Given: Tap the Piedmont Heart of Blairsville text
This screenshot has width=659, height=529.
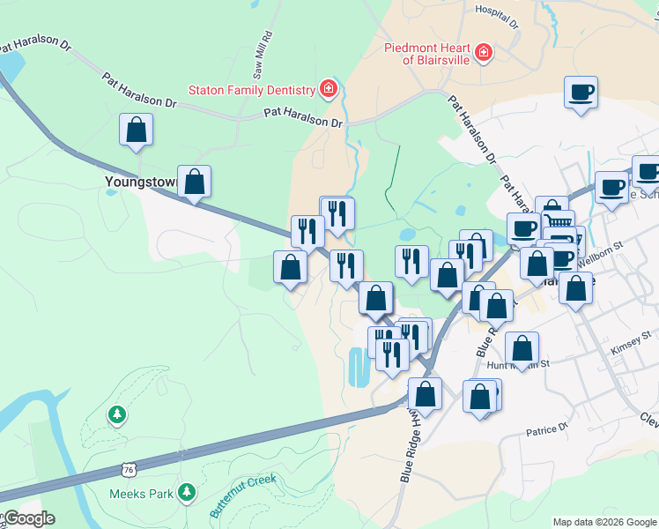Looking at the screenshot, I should pos(426,54).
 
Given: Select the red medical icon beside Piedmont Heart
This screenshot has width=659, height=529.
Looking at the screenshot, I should pos(483,55).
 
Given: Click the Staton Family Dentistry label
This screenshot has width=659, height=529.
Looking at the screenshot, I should pos(251,90).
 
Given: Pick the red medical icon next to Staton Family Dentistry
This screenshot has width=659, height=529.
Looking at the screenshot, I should pos(328,89).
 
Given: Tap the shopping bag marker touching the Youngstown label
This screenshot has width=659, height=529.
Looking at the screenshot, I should pos(195,183).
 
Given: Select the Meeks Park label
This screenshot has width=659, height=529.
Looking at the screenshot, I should pos(148,494).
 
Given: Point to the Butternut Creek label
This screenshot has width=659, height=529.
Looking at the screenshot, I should pos(243,495).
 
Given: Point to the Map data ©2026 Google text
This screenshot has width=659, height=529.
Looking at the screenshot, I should pos(604,521).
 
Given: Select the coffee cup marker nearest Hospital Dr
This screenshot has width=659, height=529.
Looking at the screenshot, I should pos(581,92).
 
